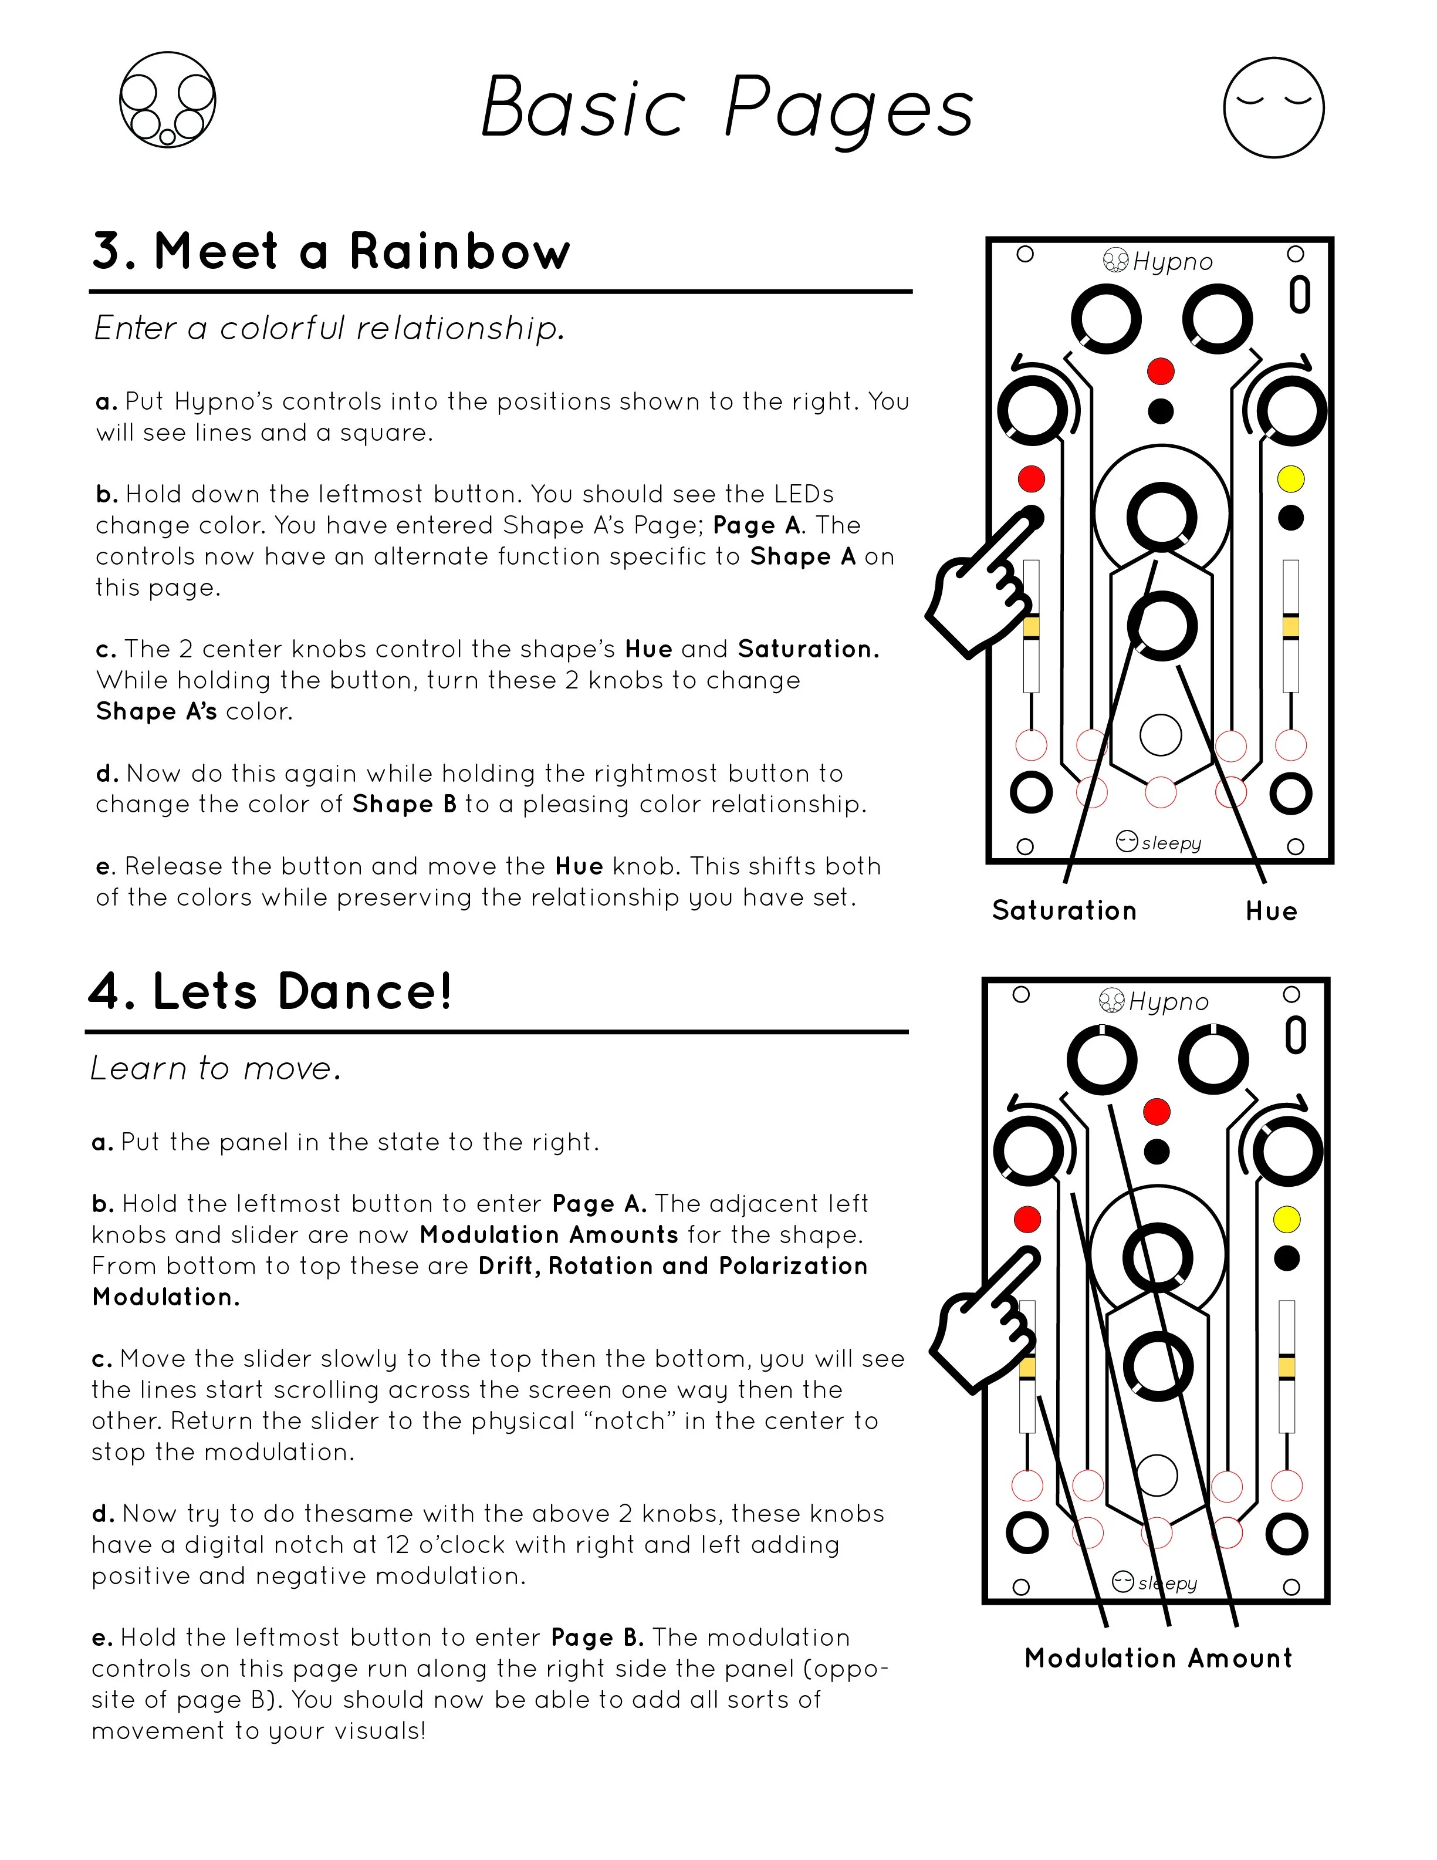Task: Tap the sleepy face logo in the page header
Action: tap(1273, 107)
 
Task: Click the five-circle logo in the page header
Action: tap(168, 100)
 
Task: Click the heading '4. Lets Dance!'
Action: tap(270, 992)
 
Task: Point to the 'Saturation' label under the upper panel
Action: tap(1064, 910)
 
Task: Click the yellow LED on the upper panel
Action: tap(1290, 480)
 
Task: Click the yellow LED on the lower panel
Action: tap(1286, 1220)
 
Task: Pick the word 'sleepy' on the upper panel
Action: tap(1171, 843)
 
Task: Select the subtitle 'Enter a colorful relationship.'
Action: tap(329, 328)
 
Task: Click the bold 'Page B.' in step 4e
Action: tap(597, 1638)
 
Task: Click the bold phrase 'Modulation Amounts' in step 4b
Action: tap(549, 1235)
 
